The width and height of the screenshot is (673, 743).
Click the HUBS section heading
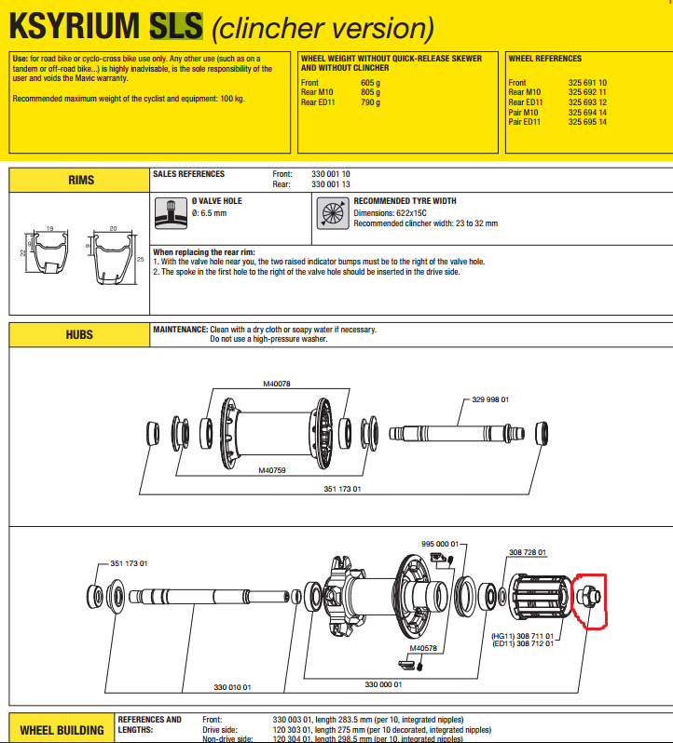(79, 333)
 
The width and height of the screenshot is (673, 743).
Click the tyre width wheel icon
(333, 212)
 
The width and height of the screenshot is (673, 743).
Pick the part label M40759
(275, 470)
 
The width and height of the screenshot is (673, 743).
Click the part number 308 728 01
(527, 552)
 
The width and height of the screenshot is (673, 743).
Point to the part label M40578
(423, 649)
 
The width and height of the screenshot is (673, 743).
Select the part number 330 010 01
(233, 687)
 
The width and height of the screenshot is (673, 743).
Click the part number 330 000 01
(384, 684)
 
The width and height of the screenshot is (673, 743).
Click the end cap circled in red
(590, 601)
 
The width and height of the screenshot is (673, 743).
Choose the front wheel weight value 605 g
(370, 83)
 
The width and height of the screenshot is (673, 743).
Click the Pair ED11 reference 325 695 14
(587, 122)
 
